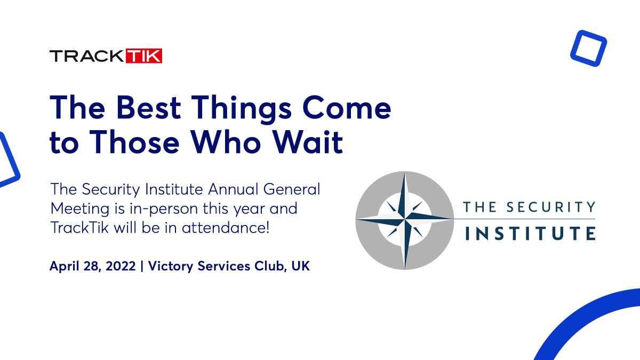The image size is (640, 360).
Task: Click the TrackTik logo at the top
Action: pyautogui.click(x=106, y=56)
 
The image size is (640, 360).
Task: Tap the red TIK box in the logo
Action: pyautogui.click(x=143, y=56)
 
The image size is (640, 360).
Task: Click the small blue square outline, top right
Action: pyautogui.click(x=588, y=47)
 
